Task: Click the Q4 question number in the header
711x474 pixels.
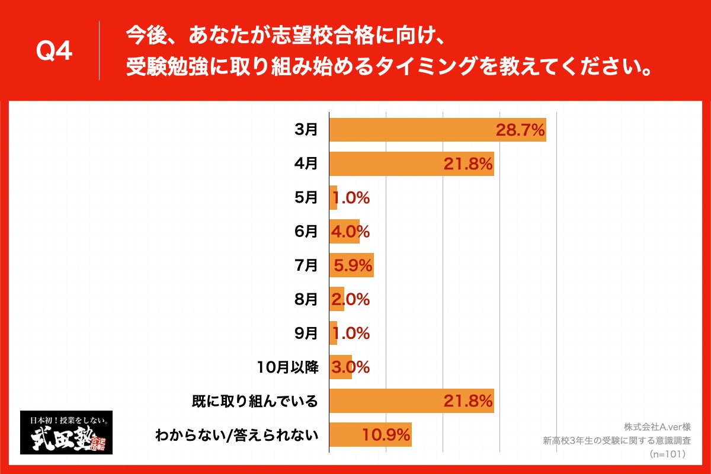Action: (55, 52)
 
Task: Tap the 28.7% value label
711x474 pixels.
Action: (520, 130)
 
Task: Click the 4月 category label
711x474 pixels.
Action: (306, 164)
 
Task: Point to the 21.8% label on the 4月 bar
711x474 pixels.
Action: (468, 164)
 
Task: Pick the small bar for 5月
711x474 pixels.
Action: (333, 198)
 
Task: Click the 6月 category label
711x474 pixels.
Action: (306, 232)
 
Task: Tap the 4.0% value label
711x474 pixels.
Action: (350, 232)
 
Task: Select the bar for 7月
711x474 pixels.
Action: (351, 265)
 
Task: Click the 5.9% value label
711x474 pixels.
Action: (353, 265)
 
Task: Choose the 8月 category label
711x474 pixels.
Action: (306, 300)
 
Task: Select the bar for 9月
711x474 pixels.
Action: (333, 334)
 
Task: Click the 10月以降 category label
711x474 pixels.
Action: (289, 367)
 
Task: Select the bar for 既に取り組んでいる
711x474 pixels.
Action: (411, 401)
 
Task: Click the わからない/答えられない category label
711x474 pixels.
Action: (237, 435)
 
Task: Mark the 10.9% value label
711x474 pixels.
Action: (386, 435)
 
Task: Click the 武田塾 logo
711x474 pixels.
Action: (66, 433)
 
